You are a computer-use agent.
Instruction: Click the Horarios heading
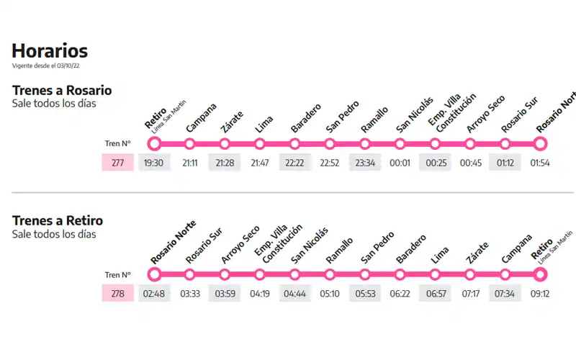pos(50,50)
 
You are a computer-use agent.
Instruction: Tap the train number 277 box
pos(118,163)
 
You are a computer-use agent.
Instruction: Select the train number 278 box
pos(118,294)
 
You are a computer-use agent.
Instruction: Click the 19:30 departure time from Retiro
pos(153,163)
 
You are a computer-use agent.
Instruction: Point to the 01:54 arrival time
pos(540,163)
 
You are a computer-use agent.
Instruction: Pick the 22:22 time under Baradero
pos(294,163)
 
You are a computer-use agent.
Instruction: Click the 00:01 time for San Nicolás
pos(400,163)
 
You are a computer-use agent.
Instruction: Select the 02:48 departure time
pos(153,294)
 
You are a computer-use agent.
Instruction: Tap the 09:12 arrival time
pos(540,294)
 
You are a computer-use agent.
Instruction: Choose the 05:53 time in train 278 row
pos(364,294)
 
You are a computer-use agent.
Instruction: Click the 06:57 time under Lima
pos(435,294)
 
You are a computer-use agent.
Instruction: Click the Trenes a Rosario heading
pos(62,90)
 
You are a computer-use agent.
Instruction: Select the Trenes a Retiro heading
pos(58,220)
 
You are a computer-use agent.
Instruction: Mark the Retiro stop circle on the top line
pos(154,143)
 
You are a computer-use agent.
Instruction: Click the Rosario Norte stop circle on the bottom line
pos(154,274)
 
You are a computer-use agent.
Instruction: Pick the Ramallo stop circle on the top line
pos(365,143)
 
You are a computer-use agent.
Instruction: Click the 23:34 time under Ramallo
pos(364,163)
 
